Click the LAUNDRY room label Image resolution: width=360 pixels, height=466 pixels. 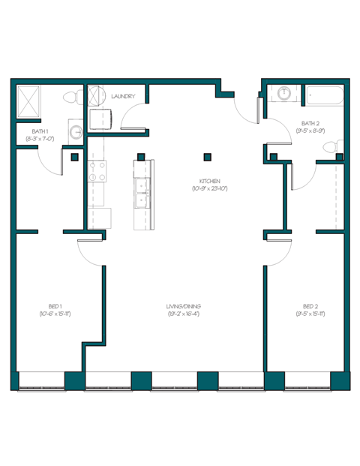(x=122, y=97)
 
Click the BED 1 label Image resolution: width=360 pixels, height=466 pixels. (x=55, y=306)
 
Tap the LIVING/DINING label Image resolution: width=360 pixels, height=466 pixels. (x=184, y=306)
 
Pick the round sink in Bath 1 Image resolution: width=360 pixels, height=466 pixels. (x=76, y=132)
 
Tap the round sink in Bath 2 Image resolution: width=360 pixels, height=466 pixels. (x=284, y=94)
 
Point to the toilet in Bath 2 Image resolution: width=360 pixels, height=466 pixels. (x=340, y=146)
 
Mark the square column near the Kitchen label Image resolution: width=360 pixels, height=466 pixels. (x=208, y=158)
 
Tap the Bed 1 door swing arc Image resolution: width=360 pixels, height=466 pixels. (x=90, y=251)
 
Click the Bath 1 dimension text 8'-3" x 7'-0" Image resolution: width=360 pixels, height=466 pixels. (x=39, y=139)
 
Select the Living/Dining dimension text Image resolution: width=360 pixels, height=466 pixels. (x=184, y=314)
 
